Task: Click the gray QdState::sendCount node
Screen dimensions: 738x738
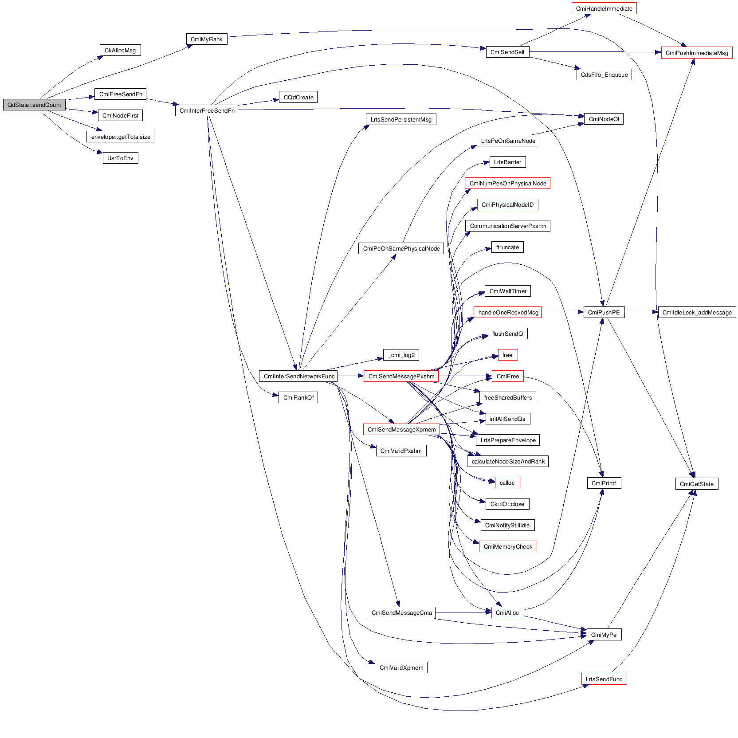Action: (x=34, y=105)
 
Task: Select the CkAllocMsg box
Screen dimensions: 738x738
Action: (x=120, y=51)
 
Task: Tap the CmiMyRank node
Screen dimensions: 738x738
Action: (x=206, y=39)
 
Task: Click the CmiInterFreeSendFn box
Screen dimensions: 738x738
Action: (x=207, y=111)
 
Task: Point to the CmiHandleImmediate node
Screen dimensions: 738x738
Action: (x=604, y=9)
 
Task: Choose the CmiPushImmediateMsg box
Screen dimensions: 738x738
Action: (x=696, y=53)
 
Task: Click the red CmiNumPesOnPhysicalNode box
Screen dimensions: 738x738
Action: (x=507, y=184)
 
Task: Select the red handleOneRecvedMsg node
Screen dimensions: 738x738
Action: (x=508, y=313)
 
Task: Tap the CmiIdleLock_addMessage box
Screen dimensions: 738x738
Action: (x=697, y=313)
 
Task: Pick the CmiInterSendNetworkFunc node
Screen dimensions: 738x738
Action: (x=299, y=377)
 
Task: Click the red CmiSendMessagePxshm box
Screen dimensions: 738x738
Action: (x=401, y=377)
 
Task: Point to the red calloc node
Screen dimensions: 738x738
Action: (x=507, y=483)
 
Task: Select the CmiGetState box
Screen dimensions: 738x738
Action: (x=696, y=484)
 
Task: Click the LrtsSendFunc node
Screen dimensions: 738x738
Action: (x=604, y=679)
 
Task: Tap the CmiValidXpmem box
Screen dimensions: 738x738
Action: (x=401, y=668)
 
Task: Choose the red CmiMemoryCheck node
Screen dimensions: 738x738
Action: (x=507, y=547)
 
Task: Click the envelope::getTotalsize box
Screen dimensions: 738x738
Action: (x=120, y=137)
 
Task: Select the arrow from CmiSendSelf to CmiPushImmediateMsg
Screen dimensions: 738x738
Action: (x=594, y=52)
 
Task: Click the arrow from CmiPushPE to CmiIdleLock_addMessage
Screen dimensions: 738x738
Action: (x=641, y=312)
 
